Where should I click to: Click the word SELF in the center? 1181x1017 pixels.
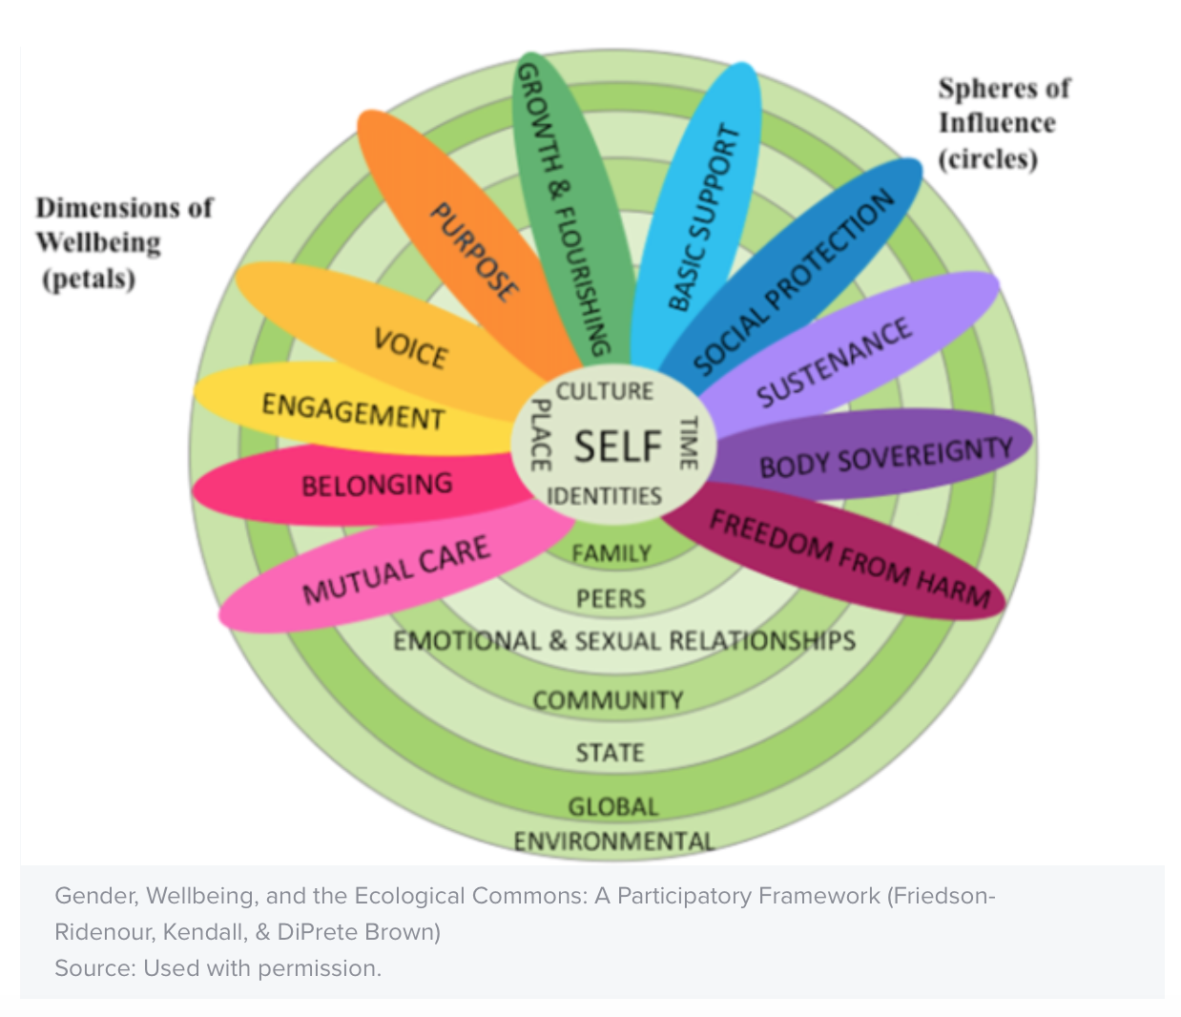(x=617, y=446)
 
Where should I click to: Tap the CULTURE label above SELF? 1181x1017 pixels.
(x=605, y=391)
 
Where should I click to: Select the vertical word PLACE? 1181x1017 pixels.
(x=540, y=435)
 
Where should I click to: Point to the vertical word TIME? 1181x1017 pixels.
(x=687, y=442)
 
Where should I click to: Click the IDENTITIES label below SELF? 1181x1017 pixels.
(x=604, y=496)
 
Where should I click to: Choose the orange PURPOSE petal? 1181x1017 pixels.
(x=474, y=252)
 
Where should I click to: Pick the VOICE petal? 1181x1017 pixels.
(x=410, y=347)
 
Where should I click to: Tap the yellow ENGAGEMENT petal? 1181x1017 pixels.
(x=353, y=411)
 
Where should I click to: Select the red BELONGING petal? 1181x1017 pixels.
(x=377, y=486)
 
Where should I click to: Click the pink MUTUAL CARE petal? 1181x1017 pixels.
(x=395, y=571)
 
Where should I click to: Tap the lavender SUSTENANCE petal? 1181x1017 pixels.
(x=835, y=363)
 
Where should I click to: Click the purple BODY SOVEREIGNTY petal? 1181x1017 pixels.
(x=885, y=457)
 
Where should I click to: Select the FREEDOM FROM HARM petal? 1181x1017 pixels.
(x=849, y=558)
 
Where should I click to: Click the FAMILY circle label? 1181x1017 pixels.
(x=611, y=553)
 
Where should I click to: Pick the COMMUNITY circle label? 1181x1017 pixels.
(x=608, y=700)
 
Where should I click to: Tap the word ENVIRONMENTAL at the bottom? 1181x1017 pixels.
(x=613, y=841)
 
